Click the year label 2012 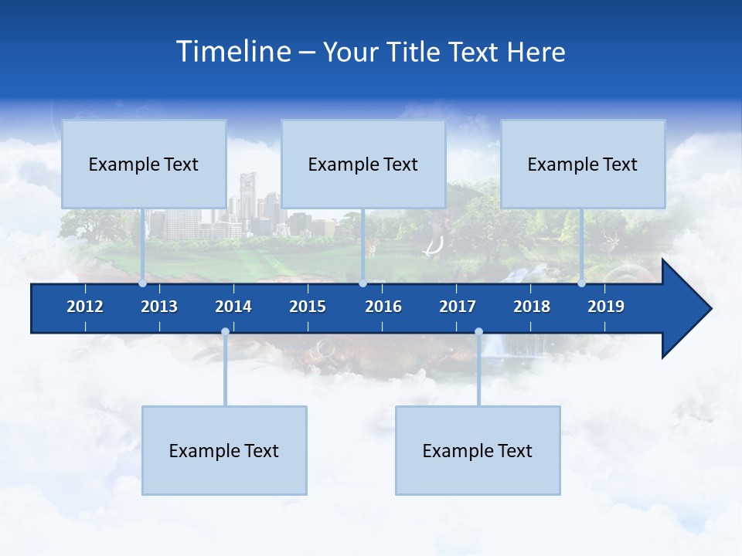85,307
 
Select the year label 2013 159,307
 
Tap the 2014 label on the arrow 233,307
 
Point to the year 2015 308,307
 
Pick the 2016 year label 383,307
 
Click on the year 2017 458,307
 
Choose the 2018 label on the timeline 532,307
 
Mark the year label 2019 606,307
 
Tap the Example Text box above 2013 144,164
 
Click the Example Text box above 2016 363,164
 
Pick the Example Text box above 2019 583,164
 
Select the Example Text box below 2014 224,451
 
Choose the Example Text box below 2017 478,451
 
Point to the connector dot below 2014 225,332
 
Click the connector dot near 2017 478,332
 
